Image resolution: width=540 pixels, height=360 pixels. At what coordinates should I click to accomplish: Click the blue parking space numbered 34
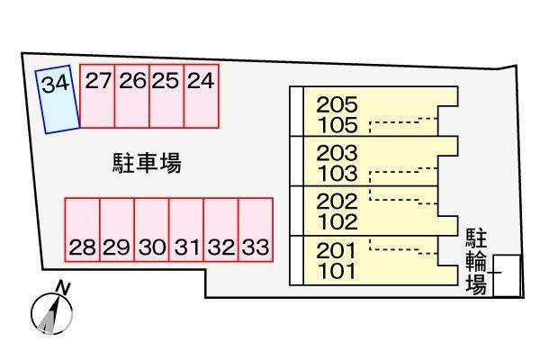[58, 99]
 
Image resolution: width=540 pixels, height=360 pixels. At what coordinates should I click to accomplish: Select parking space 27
[97, 96]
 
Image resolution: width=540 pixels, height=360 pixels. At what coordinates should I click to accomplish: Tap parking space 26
[132, 96]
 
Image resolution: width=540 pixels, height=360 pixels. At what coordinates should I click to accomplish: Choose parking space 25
[166, 96]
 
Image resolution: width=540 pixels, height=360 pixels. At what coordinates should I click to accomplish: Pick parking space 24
[202, 96]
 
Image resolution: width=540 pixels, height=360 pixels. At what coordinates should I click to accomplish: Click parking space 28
[82, 229]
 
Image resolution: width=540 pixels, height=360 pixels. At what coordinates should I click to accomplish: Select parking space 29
[117, 229]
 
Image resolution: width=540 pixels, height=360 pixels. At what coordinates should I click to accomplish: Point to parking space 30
[152, 229]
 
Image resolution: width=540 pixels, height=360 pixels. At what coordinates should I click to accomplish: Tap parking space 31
[186, 229]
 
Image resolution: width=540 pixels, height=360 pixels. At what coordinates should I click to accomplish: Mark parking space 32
[221, 229]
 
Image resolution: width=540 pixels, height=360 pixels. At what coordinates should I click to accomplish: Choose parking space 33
[256, 229]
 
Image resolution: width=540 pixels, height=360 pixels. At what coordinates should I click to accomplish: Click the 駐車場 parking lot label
[147, 163]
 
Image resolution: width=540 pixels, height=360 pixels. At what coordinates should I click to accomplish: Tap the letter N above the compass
[63, 288]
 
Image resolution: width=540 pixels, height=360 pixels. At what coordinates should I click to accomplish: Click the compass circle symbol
[51, 314]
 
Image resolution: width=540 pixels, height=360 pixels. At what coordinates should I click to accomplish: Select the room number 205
[337, 104]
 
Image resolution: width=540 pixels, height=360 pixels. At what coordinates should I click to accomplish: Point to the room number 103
[337, 174]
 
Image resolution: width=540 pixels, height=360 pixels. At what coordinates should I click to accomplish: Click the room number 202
[337, 202]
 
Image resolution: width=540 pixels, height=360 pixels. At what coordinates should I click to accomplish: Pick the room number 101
[337, 271]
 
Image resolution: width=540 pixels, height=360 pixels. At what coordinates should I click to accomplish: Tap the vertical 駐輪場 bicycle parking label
[476, 262]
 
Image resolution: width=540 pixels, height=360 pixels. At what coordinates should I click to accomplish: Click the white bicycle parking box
[506, 275]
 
